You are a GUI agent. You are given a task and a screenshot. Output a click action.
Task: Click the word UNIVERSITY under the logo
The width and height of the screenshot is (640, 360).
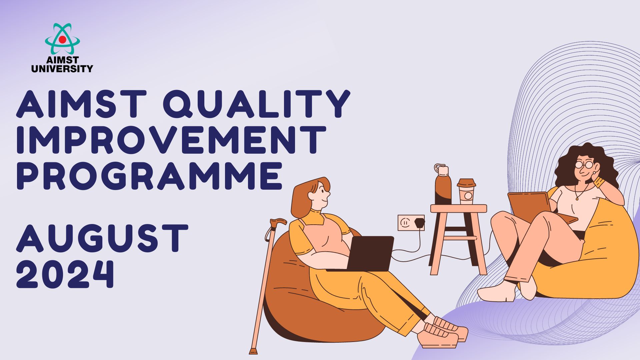pyautogui.click(x=62, y=69)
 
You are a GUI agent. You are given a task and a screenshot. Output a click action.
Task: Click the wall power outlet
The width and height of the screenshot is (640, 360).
pyautogui.click(x=411, y=223)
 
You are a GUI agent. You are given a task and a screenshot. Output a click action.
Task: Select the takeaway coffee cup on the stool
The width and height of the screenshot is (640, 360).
pyautogui.click(x=466, y=191)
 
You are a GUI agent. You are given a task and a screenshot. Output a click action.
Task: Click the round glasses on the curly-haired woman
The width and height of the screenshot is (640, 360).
pyautogui.click(x=584, y=165)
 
